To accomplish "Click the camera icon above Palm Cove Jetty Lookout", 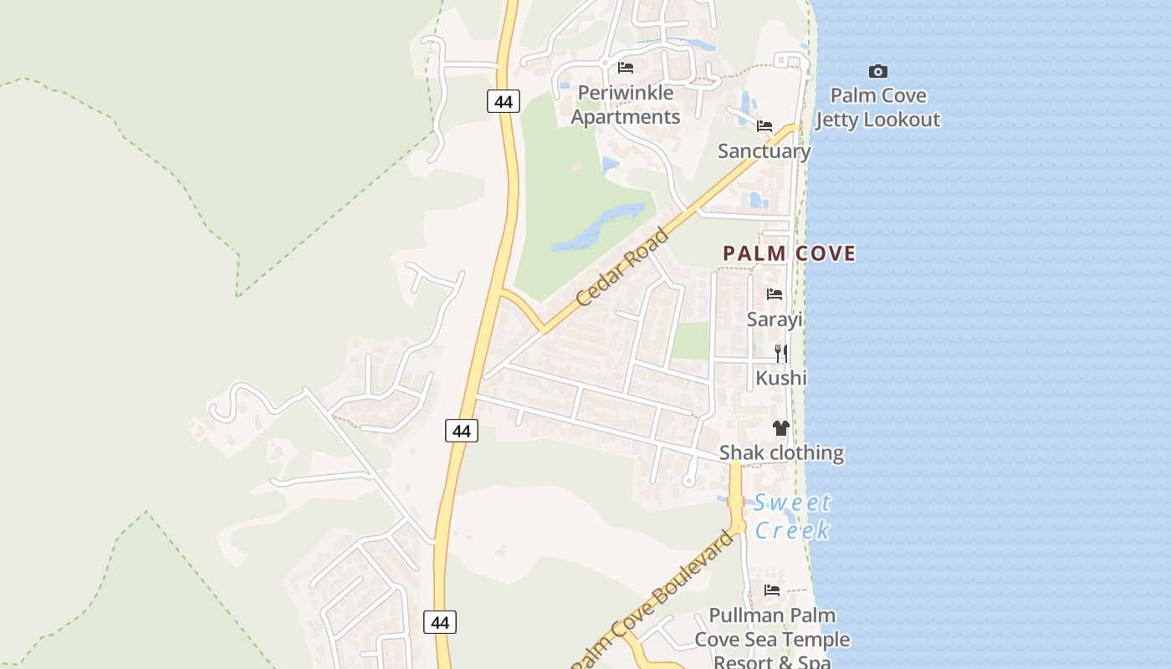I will click(x=877, y=72).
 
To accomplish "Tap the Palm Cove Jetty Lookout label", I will click(x=877, y=108).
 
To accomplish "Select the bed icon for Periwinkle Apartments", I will click(x=626, y=68).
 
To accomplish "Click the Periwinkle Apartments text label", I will click(x=626, y=105).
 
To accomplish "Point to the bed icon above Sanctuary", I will click(x=764, y=126).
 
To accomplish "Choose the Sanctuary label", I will click(x=764, y=151).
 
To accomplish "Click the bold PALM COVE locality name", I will click(x=790, y=253).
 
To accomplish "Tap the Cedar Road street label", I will click(x=623, y=267).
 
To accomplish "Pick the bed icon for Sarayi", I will click(x=775, y=294).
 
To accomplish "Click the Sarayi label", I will click(x=775, y=319).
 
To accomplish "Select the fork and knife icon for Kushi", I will click(x=781, y=353).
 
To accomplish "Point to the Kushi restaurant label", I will click(x=781, y=378).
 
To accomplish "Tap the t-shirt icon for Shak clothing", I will click(x=781, y=428).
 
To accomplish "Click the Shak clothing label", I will click(x=781, y=453).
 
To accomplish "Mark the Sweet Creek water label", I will click(x=792, y=516).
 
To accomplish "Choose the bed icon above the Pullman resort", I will click(x=772, y=590).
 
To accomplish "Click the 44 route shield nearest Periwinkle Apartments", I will click(x=503, y=102).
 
